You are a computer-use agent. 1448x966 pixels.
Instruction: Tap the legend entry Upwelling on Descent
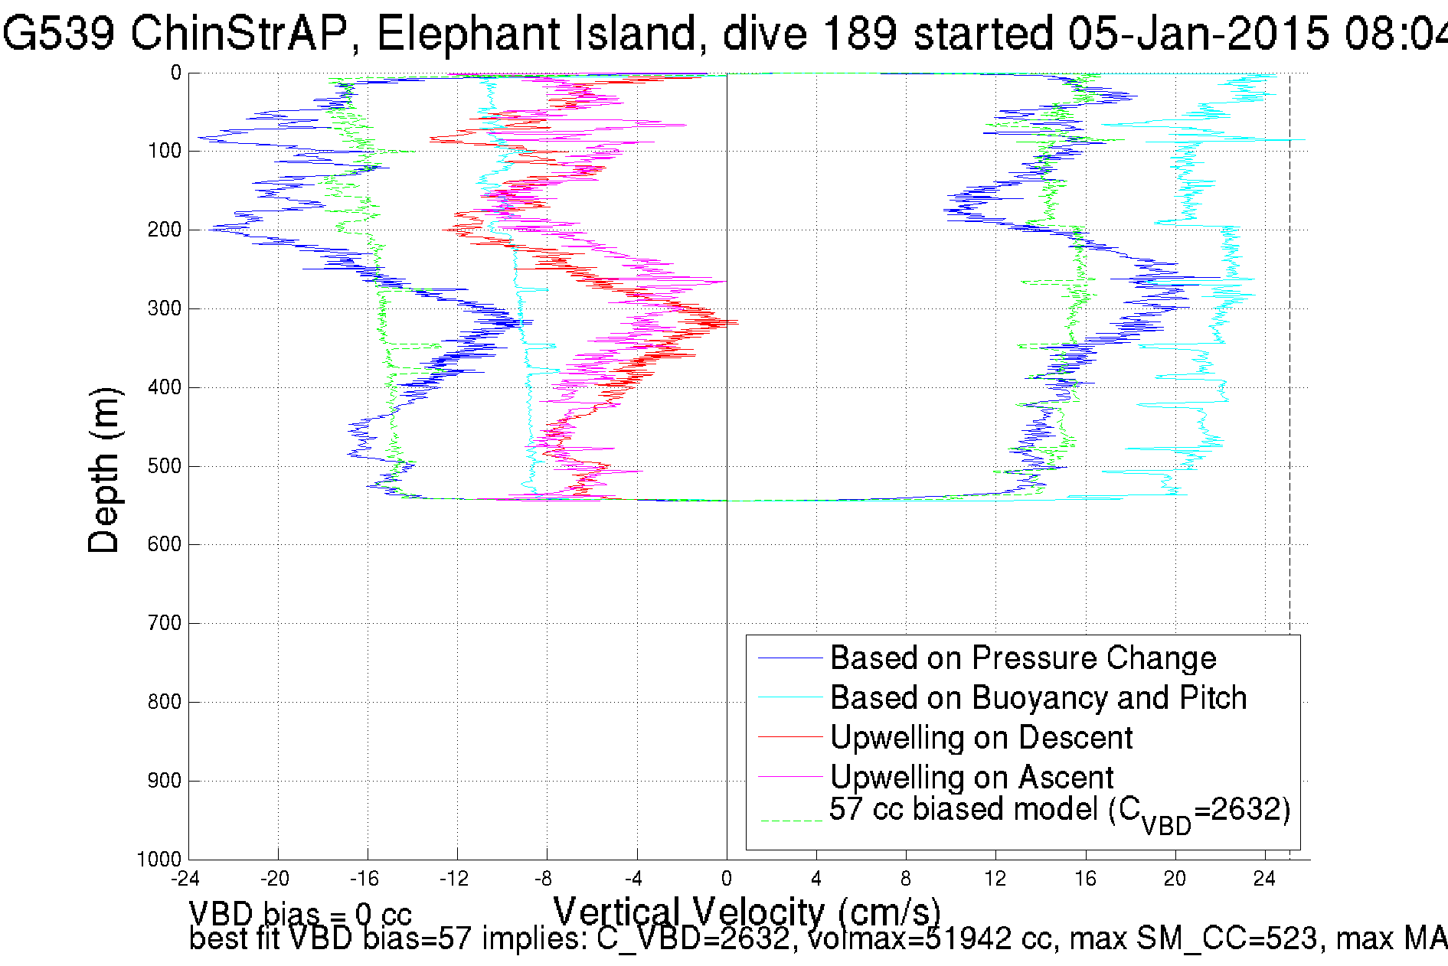(x=981, y=738)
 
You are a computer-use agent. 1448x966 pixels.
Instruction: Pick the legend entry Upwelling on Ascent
(x=971, y=778)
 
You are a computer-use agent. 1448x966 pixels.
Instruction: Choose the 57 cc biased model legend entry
(x=1059, y=811)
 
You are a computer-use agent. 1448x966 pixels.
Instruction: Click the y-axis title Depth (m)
(x=104, y=470)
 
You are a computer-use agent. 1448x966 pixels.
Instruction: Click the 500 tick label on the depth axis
(x=164, y=466)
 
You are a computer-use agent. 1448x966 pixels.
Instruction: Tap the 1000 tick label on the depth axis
(x=159, y=859)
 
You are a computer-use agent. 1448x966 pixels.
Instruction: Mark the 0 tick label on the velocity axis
(x=727, y=879)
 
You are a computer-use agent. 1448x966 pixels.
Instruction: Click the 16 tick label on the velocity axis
(x=1085, y=879)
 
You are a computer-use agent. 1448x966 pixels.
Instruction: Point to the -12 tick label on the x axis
(x=454, y=879)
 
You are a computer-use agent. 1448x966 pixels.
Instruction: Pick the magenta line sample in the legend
(x=789, y=778)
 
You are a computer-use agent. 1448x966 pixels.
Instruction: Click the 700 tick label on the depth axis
(x=164, y=623)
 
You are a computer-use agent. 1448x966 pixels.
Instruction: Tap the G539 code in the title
(x=58, y=34)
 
